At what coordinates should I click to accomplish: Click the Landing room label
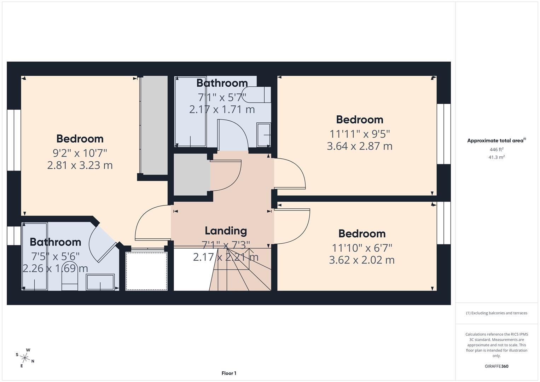pos(226,231)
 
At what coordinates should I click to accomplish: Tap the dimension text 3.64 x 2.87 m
pos(359,146)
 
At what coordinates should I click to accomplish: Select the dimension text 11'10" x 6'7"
pos(362,248)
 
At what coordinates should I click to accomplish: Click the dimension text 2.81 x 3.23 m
pos(80,165)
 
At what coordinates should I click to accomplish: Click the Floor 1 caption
pos(229,373)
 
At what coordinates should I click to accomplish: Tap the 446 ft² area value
pos(496,150)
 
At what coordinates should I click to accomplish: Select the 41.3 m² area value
pos(496,157)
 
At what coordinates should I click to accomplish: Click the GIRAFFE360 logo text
pos(496,366)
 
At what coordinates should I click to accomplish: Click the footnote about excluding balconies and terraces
pos(496,313)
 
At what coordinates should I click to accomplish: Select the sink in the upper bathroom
pos(263,134)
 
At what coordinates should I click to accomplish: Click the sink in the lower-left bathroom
pos(100,282)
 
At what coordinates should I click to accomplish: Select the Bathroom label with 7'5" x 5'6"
pos(56,242)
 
